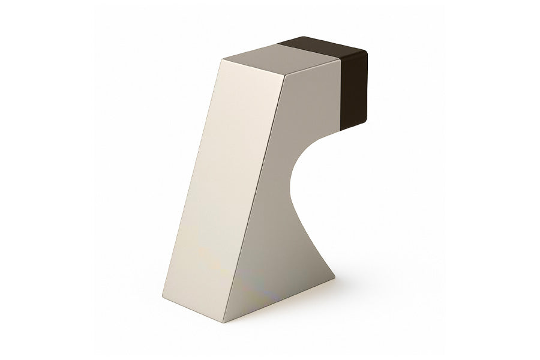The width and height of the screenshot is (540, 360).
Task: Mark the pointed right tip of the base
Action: click(x=334, y=278)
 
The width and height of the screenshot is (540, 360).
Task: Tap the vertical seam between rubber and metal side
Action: click(x=341, y=90)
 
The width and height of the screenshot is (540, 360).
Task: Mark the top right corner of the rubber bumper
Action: click(x=367, y=52)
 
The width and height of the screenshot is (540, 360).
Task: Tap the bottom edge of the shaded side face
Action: click(x=279, y=300)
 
